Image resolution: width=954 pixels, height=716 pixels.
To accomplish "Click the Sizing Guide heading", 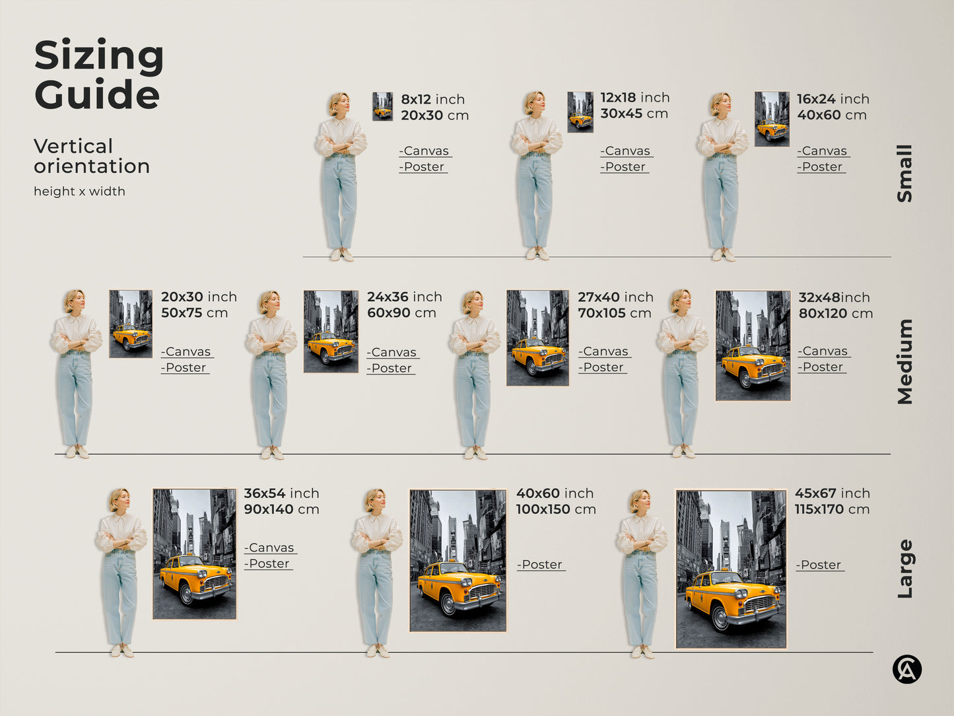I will (x=98, y=74).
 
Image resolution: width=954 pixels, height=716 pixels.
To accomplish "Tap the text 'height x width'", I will (x=79, y=192).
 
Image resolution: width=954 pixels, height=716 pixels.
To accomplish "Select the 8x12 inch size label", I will (x=432, y=99).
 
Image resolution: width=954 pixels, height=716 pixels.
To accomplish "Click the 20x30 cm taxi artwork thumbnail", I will (x=382, y=106).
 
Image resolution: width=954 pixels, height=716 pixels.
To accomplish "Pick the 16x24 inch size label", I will (x=833, y=99).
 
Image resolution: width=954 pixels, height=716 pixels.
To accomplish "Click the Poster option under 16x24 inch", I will (x=821, y=167).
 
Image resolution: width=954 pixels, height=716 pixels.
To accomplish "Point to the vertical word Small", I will (x=904, y=173).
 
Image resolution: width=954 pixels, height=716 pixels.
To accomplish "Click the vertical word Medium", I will (x=904, y=361).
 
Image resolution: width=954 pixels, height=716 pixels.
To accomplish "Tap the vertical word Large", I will (x=904, y=569).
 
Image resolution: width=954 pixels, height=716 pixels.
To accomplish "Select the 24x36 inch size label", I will (x=404, y=297).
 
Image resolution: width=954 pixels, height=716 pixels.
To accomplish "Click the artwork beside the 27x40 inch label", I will (x=537, y=338).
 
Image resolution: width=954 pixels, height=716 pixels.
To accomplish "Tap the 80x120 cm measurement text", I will (x=835, y=314).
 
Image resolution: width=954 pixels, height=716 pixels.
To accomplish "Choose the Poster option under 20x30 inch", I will (x=185, y=368).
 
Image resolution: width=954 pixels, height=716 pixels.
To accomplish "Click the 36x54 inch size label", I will (x=281, y=493).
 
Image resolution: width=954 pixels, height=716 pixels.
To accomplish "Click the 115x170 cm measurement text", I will (x=832, y=509).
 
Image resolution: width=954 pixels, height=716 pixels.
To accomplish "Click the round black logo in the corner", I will (x=906, y=669).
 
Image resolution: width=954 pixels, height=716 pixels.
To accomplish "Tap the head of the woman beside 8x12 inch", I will (x=339, y=103).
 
